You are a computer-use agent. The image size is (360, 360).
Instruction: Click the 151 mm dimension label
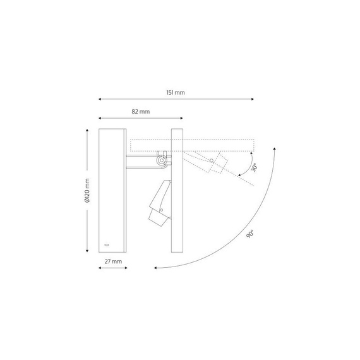click(176, 92)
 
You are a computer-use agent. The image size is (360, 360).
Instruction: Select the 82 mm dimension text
click(140, 112)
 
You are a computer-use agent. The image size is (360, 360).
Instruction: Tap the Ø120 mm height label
click(87, 190)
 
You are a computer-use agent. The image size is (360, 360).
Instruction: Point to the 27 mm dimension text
click(113, 261)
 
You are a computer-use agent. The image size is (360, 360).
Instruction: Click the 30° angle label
click(254, 167)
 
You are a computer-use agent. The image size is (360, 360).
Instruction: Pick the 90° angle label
click(250, 234)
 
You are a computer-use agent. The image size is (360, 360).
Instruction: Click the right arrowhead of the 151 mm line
click(253, 99)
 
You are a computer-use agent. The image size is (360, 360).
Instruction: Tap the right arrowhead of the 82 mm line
click(181, 118)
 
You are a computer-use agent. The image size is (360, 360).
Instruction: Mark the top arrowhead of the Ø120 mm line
click(87, 130)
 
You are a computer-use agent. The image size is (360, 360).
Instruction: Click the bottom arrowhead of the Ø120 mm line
click(87, 251)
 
